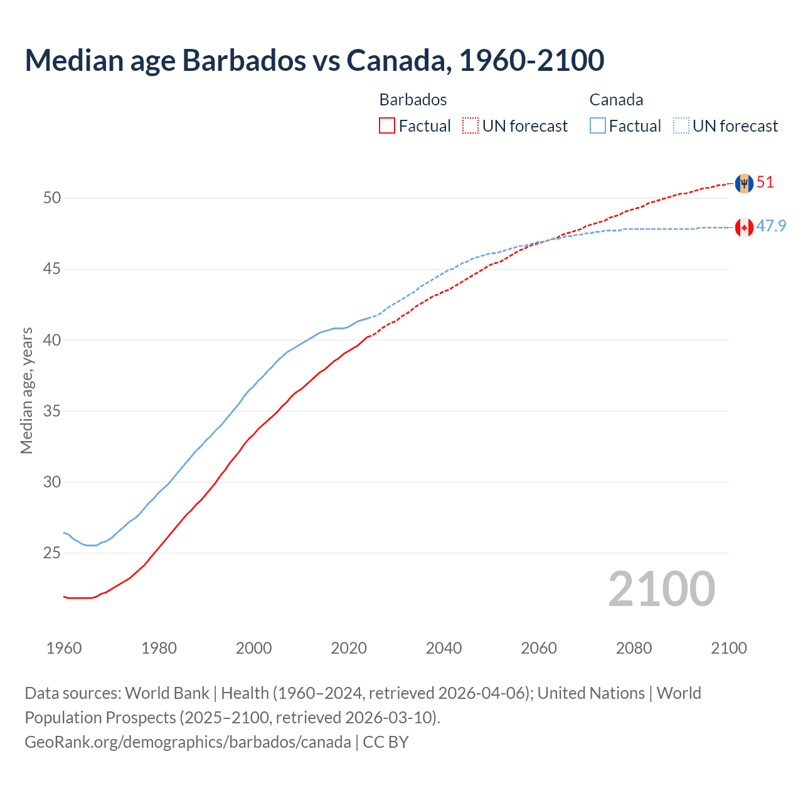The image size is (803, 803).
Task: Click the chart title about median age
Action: coord(314,60)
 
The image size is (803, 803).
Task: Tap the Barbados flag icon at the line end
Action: coord(744,183)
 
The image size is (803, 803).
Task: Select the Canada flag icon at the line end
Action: coord(744,228)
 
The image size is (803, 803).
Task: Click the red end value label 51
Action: coord(765,183)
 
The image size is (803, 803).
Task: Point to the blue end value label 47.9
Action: coord(771,226)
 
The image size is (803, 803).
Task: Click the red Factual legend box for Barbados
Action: coord(387,126)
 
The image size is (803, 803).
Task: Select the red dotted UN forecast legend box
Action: coord(471,126)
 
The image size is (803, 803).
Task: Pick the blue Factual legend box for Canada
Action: coord(597,126)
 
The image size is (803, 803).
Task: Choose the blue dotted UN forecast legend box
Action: coord(681,126)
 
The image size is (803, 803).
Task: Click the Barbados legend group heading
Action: coord(413,100)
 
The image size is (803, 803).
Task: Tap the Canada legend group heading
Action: coord(616,100)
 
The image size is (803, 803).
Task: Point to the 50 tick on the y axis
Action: coord(52,198)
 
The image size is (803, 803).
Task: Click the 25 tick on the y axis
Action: coord(52,553)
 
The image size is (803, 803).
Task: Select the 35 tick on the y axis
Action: coord(52,412)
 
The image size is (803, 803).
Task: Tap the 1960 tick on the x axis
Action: coord(64,648)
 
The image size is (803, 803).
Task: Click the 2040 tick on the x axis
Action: coord(444,648)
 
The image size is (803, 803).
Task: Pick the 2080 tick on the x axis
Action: coord(634,648)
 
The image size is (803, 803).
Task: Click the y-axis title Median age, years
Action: coord(26,390)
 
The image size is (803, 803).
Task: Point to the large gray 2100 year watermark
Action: coord(661,589)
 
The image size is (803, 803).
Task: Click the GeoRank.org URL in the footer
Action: coord(188,742)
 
